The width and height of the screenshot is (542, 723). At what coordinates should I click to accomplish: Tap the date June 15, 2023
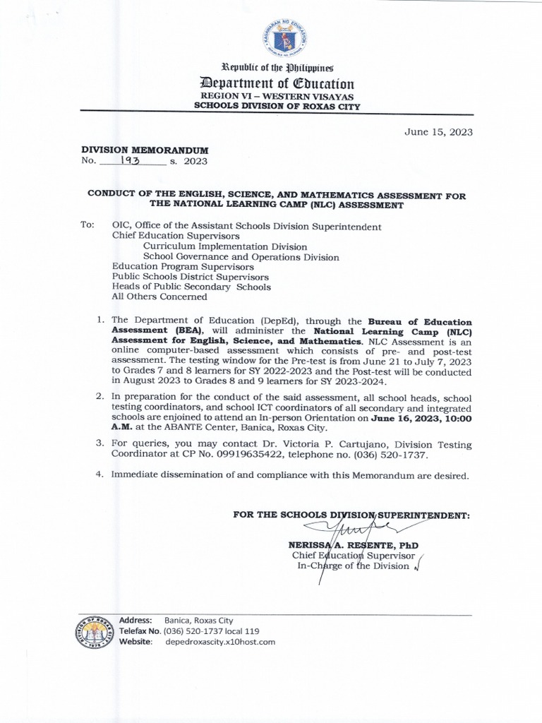pos(438,131)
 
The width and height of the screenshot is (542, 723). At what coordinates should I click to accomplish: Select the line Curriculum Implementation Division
pos(225,247)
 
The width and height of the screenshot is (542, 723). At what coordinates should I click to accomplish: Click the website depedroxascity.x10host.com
pos(219,642)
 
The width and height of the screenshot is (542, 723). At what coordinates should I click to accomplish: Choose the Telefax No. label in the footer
pos(140,631)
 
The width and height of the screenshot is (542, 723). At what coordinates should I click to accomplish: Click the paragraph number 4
pos(100,475)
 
